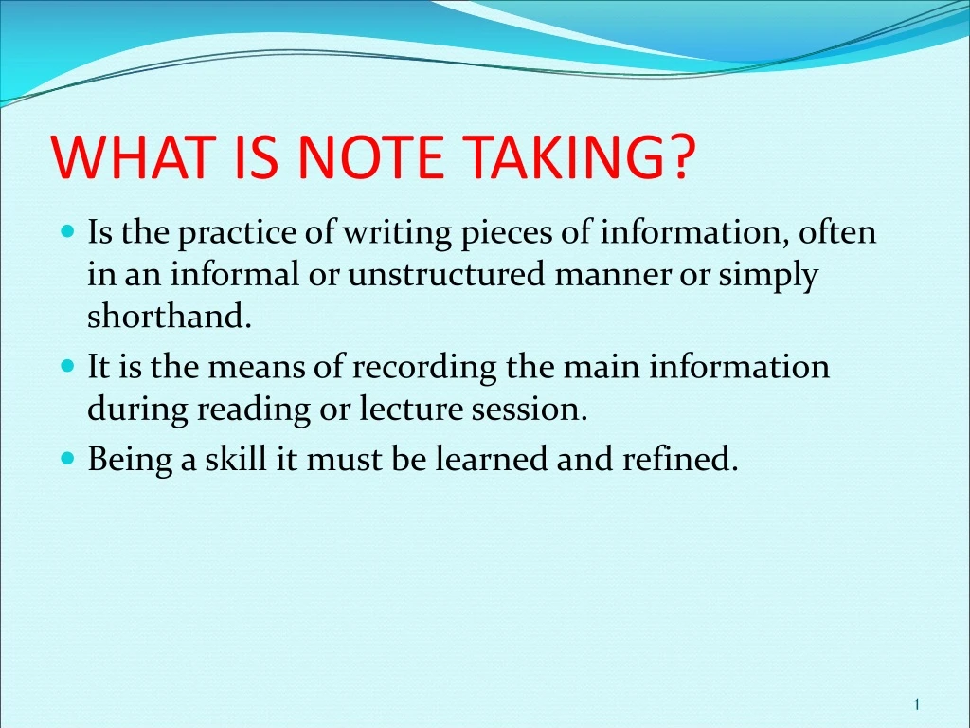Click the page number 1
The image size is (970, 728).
(917, 703)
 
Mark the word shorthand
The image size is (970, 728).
(170, 317)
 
